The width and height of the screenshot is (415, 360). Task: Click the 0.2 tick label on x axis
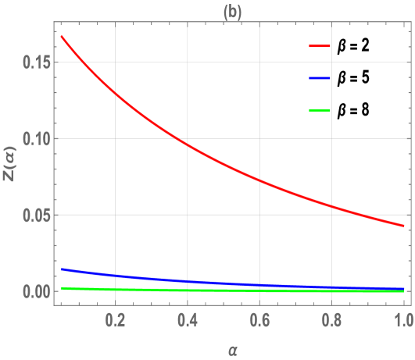click(116, 320)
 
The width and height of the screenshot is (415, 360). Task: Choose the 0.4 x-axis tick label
click(188, 320)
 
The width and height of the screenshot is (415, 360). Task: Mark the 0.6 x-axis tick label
click(259, 320)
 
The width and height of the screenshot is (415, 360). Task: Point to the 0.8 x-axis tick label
click(331, 320)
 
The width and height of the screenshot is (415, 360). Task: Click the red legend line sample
click(320, 47)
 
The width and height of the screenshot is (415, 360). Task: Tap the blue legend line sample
click(320, 78)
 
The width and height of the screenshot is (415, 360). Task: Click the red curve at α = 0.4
click(188, 144)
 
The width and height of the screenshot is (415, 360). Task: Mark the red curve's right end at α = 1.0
click(403, 226)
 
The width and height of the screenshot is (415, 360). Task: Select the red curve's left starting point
click(61, 36)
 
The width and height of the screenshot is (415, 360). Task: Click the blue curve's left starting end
click(61, 269)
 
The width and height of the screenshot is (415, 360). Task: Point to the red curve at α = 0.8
click(331, 205)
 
